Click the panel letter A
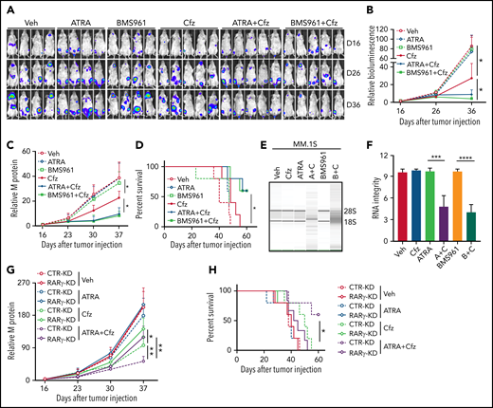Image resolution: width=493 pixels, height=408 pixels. click(8, 8)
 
